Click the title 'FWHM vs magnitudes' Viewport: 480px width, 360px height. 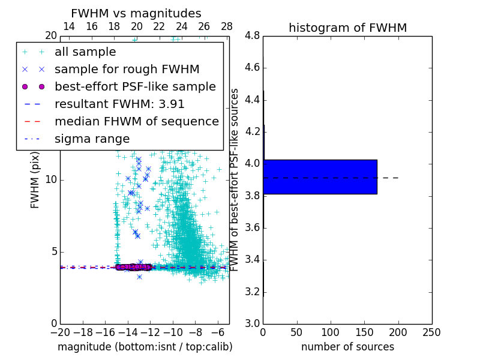(x=136, y=13)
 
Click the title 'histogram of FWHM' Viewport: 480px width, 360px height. (x=347, y=28)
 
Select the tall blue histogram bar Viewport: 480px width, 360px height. (x=320, y=177)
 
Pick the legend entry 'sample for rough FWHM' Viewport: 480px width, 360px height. (x=115, y=70)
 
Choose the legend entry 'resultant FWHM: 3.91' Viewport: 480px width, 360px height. (x=119, y=104)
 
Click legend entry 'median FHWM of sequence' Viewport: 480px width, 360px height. (x=136, y=122)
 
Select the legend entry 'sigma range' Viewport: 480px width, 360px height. (x=92, y=139)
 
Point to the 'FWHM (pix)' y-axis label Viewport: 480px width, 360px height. (x=35, y=180)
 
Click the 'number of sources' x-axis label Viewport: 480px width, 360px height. (x=347, y=347)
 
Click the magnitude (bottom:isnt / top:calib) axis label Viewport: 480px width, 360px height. (x=145, y=347)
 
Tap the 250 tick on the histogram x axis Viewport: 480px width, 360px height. (x=431, y=332)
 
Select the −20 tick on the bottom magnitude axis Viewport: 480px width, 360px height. (x=60, y=332)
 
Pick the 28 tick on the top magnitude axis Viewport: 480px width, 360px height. (x=227, y=26)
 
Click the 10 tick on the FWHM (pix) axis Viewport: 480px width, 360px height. (x=51, y=180)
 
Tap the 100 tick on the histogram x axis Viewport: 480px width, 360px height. (x=331, y=332)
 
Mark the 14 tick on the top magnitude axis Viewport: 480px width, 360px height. (x=69, y=26)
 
